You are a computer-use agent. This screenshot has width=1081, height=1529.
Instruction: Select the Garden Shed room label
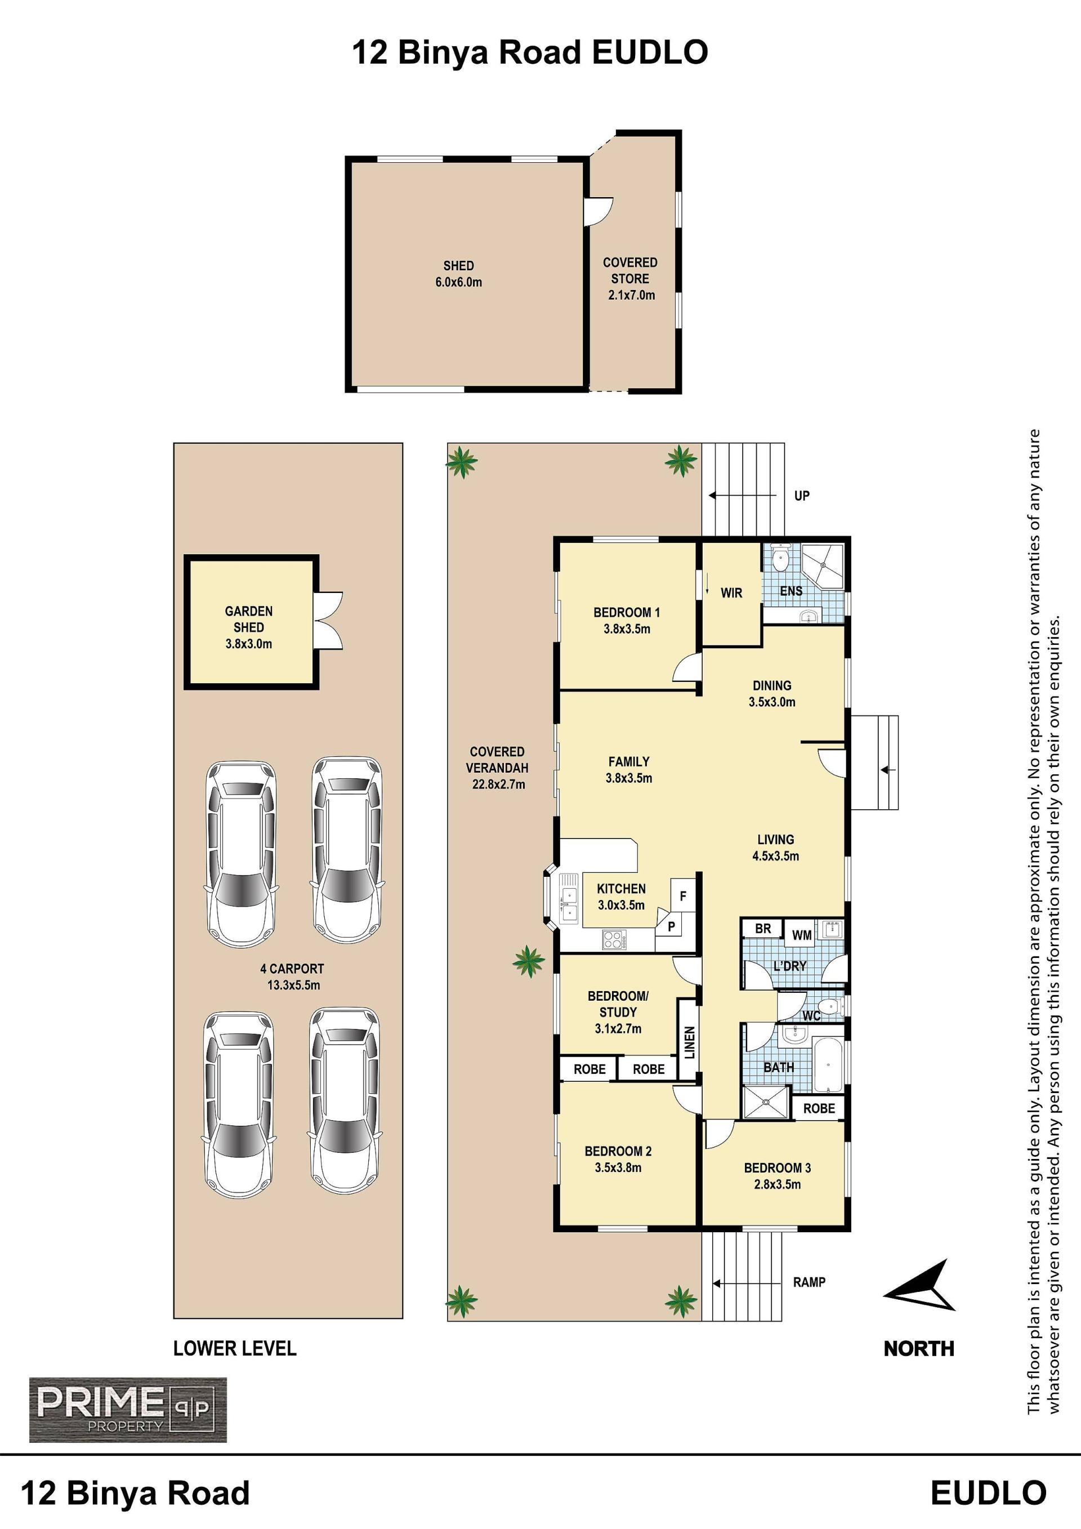248,627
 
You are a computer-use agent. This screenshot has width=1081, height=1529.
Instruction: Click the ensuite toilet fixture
782,559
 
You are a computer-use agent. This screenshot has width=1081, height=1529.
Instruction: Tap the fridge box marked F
683,897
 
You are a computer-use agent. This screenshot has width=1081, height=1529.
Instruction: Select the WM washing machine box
801,935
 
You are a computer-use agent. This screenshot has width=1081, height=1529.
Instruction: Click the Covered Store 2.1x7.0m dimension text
631,295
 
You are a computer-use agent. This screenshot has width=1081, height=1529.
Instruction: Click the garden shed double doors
329,621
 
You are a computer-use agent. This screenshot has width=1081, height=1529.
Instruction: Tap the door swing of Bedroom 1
686,668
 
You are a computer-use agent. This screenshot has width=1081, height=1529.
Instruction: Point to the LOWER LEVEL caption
234,1349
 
